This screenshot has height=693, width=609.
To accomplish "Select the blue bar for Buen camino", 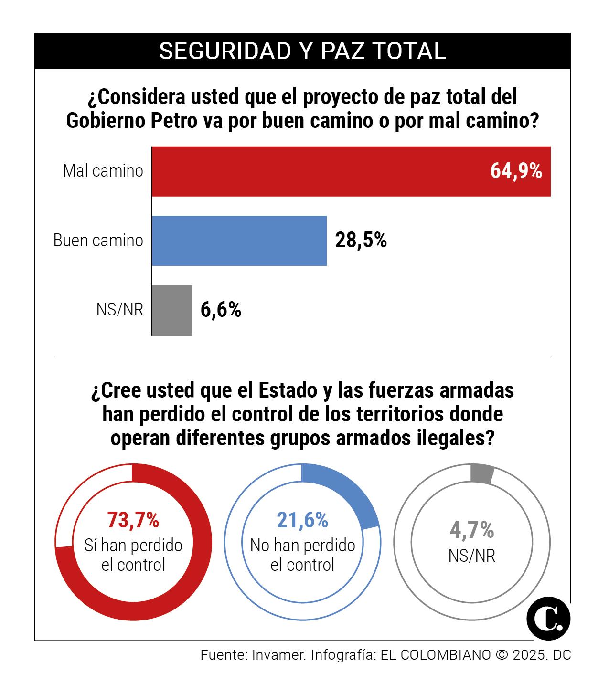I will point(239,241).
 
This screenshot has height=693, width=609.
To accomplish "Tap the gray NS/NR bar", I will point(172,310).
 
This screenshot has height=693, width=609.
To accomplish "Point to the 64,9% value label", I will point(516,171).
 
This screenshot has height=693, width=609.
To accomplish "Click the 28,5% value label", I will point(361,241).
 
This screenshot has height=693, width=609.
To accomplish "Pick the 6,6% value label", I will point(221,310).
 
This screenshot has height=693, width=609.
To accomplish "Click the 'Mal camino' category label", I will point(103,171).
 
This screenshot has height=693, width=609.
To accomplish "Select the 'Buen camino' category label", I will point(98,241).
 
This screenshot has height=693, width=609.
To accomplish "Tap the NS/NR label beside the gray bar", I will point(119,310).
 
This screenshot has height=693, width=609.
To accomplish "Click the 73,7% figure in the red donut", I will point(133,520).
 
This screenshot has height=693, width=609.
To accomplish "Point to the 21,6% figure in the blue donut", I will point(302,520).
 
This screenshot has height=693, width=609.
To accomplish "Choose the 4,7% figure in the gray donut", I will point(471,529).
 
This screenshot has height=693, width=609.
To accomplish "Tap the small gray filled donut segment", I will point(481,474).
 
